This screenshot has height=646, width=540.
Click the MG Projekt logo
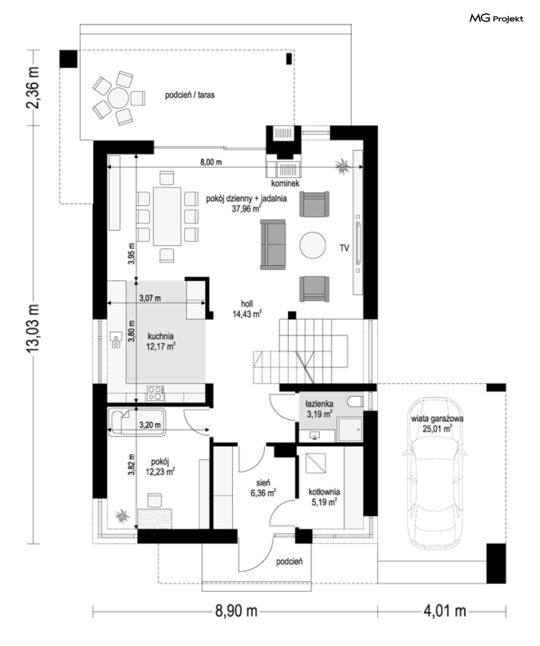pos(496,19)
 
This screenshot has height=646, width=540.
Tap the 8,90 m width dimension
pos(237,611)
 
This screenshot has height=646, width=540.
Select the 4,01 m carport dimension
pos(445,611)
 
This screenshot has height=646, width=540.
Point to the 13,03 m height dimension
pos(33,328)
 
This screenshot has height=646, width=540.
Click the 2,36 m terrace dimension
pos(33,88)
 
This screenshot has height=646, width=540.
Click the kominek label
pos(285,183)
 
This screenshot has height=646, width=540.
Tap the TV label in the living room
pos(345,248)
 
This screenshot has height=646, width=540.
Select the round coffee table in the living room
pos(313,245)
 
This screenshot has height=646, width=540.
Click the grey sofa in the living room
pos(273,245)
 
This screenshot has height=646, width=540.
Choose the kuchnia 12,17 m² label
pos(161,341)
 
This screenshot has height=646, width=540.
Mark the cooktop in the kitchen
pos(155,393)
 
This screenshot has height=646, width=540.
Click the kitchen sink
pos(116,340)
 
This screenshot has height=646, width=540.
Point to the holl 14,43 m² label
pos(247,309)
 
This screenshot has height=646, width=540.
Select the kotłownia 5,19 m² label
pos(324,497)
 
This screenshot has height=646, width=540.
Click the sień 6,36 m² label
pos(263,488)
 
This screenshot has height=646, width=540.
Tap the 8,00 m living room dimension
pos(211,162)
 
